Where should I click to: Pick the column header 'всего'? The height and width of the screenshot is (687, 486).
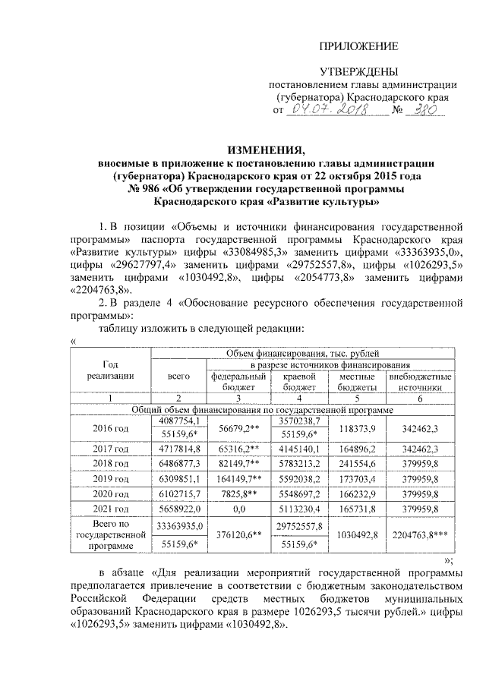pos(178,376)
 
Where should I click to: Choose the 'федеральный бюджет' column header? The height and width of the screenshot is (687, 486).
pos(237,381)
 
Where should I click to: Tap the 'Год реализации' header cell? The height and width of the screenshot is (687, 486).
pos(111,370)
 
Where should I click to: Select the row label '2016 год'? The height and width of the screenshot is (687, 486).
pos(111,428)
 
